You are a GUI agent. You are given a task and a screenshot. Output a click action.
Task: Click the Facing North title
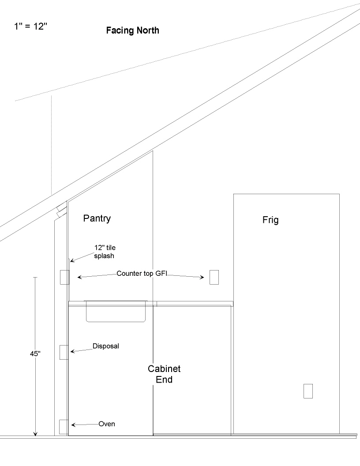click(x=132, y=31)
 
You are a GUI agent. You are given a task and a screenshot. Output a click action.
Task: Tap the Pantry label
click(x=97, y=218)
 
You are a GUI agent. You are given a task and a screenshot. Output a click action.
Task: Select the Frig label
click(x=270, y=220)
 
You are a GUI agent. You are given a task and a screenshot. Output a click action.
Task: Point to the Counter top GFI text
click(x=141, y=274)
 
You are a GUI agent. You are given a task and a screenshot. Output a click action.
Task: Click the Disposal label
click(x=106, y=346)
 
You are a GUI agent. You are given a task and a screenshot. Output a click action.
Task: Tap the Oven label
click(x=107, y=424)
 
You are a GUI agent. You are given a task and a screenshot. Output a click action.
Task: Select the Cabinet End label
click(x=164, y=374)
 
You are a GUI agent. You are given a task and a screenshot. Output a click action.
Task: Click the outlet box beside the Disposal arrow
click(x=64, y=352)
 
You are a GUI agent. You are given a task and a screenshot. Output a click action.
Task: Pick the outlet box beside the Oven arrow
click(x=64, y=426)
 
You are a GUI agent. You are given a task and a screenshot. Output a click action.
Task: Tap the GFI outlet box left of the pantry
click(x=64, y=278)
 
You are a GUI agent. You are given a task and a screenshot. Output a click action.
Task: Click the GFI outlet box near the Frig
click(x=214, y=277)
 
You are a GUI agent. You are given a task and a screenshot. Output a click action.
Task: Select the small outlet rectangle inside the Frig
click(x=308, y=391)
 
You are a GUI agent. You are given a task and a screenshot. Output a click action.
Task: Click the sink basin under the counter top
click(x=116, y=311)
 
